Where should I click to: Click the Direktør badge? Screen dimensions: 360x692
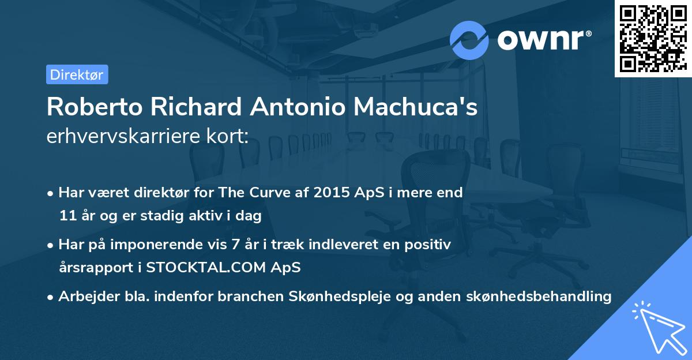pos(77,74)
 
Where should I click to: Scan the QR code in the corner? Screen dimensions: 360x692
pos(652,38)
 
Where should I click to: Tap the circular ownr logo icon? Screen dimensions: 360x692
pos(469,40)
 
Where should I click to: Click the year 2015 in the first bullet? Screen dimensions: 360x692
pos(329,193)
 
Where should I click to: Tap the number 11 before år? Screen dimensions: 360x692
pos(67,216)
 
